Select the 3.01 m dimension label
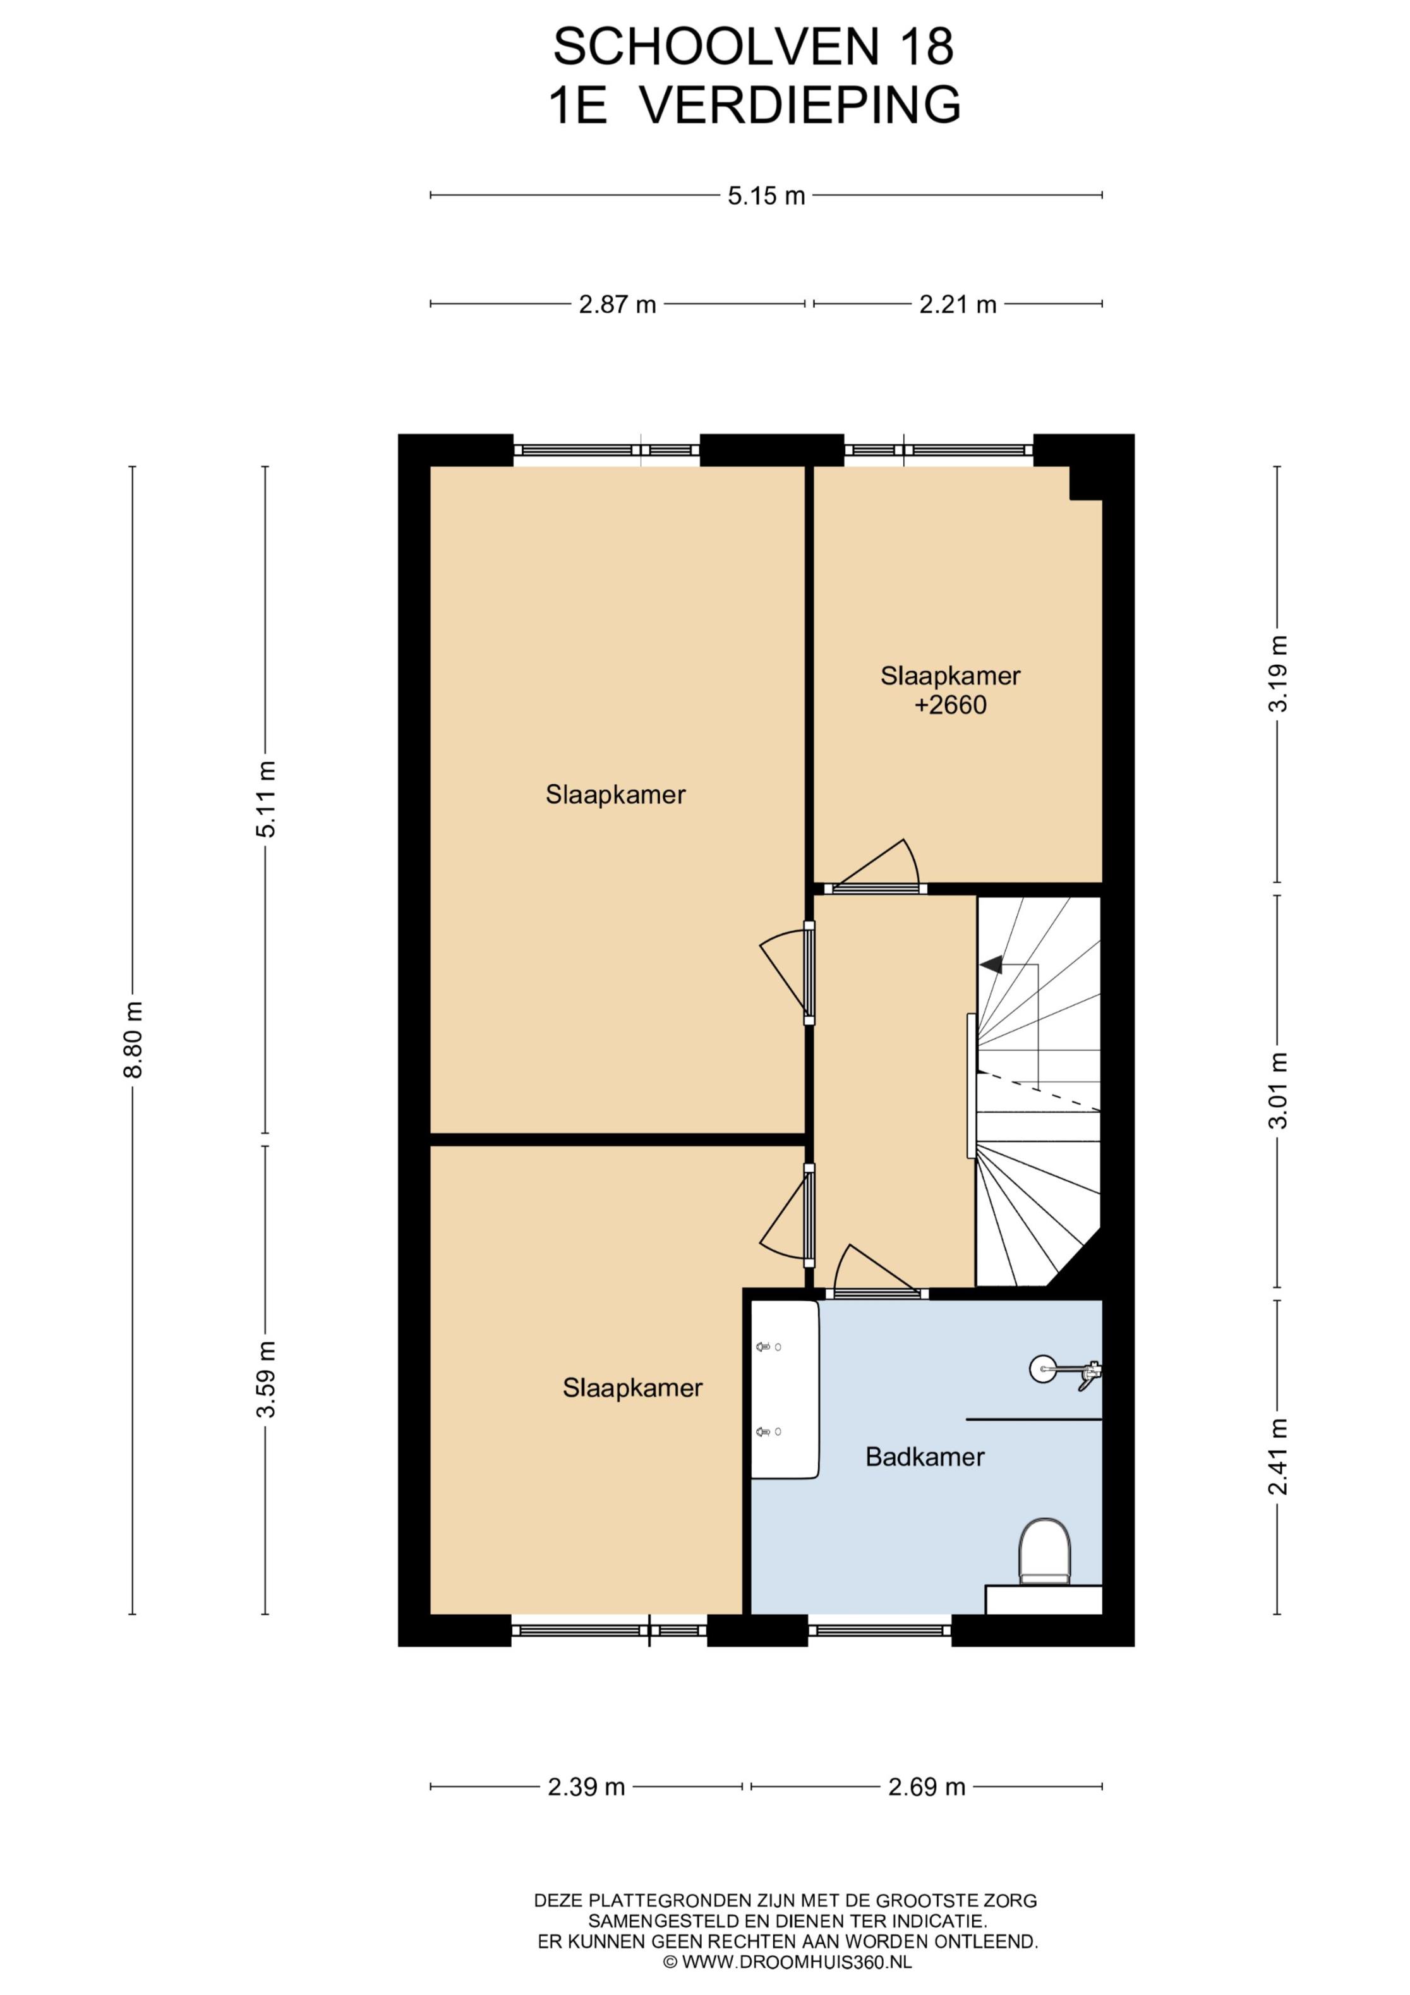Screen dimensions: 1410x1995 coord(1278,1089)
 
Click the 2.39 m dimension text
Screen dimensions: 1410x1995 coord(586,1787)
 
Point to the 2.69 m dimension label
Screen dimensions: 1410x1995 coord(927,1787)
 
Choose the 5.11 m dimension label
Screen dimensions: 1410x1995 coord(266,799)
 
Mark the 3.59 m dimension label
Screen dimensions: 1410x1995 coord(266,1379)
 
